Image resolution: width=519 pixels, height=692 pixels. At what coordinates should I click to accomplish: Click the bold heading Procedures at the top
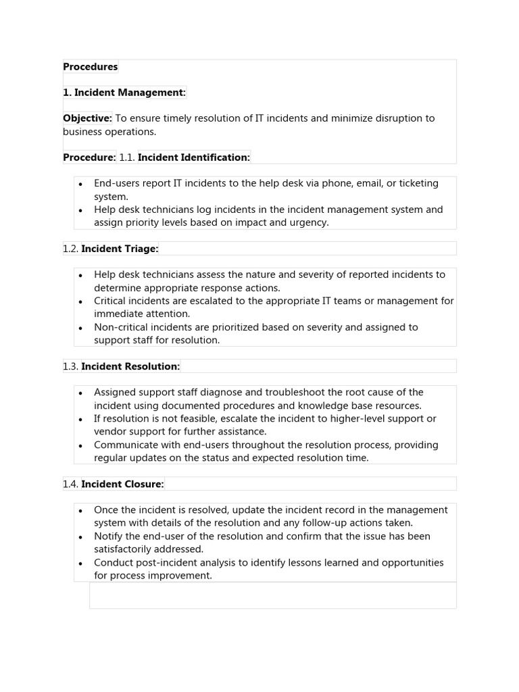90,67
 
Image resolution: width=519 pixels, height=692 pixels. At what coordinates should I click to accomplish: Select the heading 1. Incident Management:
124,93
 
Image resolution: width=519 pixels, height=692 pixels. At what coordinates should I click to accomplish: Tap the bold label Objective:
87,118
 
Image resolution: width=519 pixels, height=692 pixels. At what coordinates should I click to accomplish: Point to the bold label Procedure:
89,157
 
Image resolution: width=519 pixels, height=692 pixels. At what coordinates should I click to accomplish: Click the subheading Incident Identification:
194,157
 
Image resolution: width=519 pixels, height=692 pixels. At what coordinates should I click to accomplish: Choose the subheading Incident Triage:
120,249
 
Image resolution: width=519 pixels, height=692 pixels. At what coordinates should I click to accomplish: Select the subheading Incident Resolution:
130,366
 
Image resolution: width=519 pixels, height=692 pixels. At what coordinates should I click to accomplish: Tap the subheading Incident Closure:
122,484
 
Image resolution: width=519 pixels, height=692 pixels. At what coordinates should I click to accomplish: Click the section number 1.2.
71,249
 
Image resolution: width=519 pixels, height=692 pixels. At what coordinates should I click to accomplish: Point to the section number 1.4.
71,484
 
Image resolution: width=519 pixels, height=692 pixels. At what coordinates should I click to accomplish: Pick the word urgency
308,222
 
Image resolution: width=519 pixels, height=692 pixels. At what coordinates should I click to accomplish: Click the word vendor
109,431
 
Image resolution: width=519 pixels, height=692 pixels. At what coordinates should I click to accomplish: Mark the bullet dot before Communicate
80,445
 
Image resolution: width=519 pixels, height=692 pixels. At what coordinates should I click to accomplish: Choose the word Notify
109,537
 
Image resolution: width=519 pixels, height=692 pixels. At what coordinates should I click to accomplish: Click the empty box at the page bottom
272,595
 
